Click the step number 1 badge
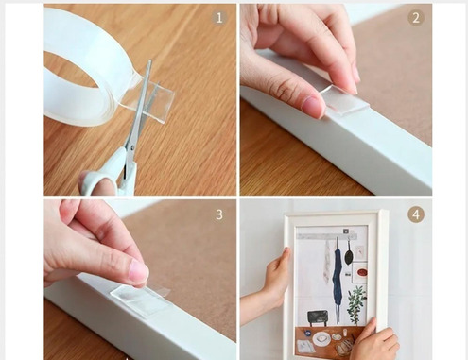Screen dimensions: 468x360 point(219,18)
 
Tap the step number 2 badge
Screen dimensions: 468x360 point(416,18)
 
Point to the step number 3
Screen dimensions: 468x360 point(219,214)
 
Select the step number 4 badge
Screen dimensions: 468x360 point(416,214)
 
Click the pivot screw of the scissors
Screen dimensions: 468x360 point(132,146)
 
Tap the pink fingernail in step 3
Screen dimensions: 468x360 point(139,271)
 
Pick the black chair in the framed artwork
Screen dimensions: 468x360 point(318,317)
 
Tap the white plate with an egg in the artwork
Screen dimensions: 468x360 point(321,338)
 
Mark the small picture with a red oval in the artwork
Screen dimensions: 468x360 point(360,272)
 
